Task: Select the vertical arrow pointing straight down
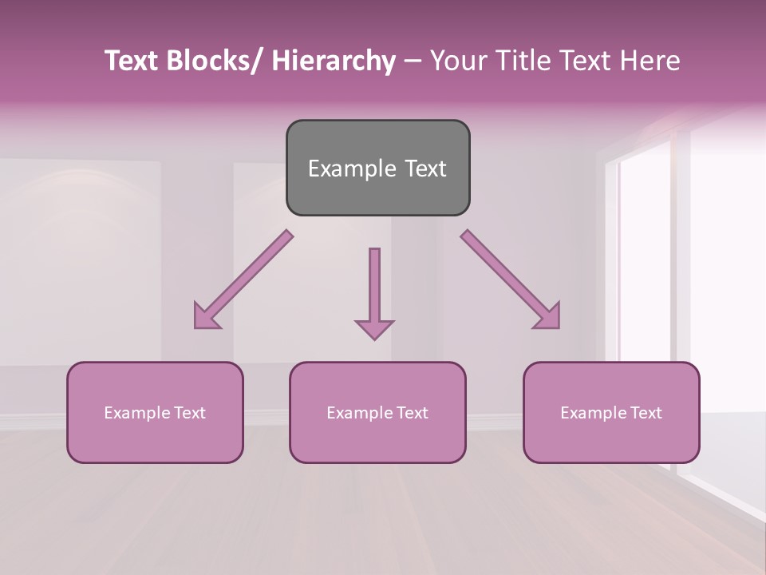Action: click(374, 287)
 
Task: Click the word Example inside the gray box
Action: click(352, 169)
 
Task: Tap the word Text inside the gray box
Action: click(424, 169)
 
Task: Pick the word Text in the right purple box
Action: click(647, 413)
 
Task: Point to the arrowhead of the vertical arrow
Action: click(374, 328)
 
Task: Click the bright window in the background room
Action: click(646, 248)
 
